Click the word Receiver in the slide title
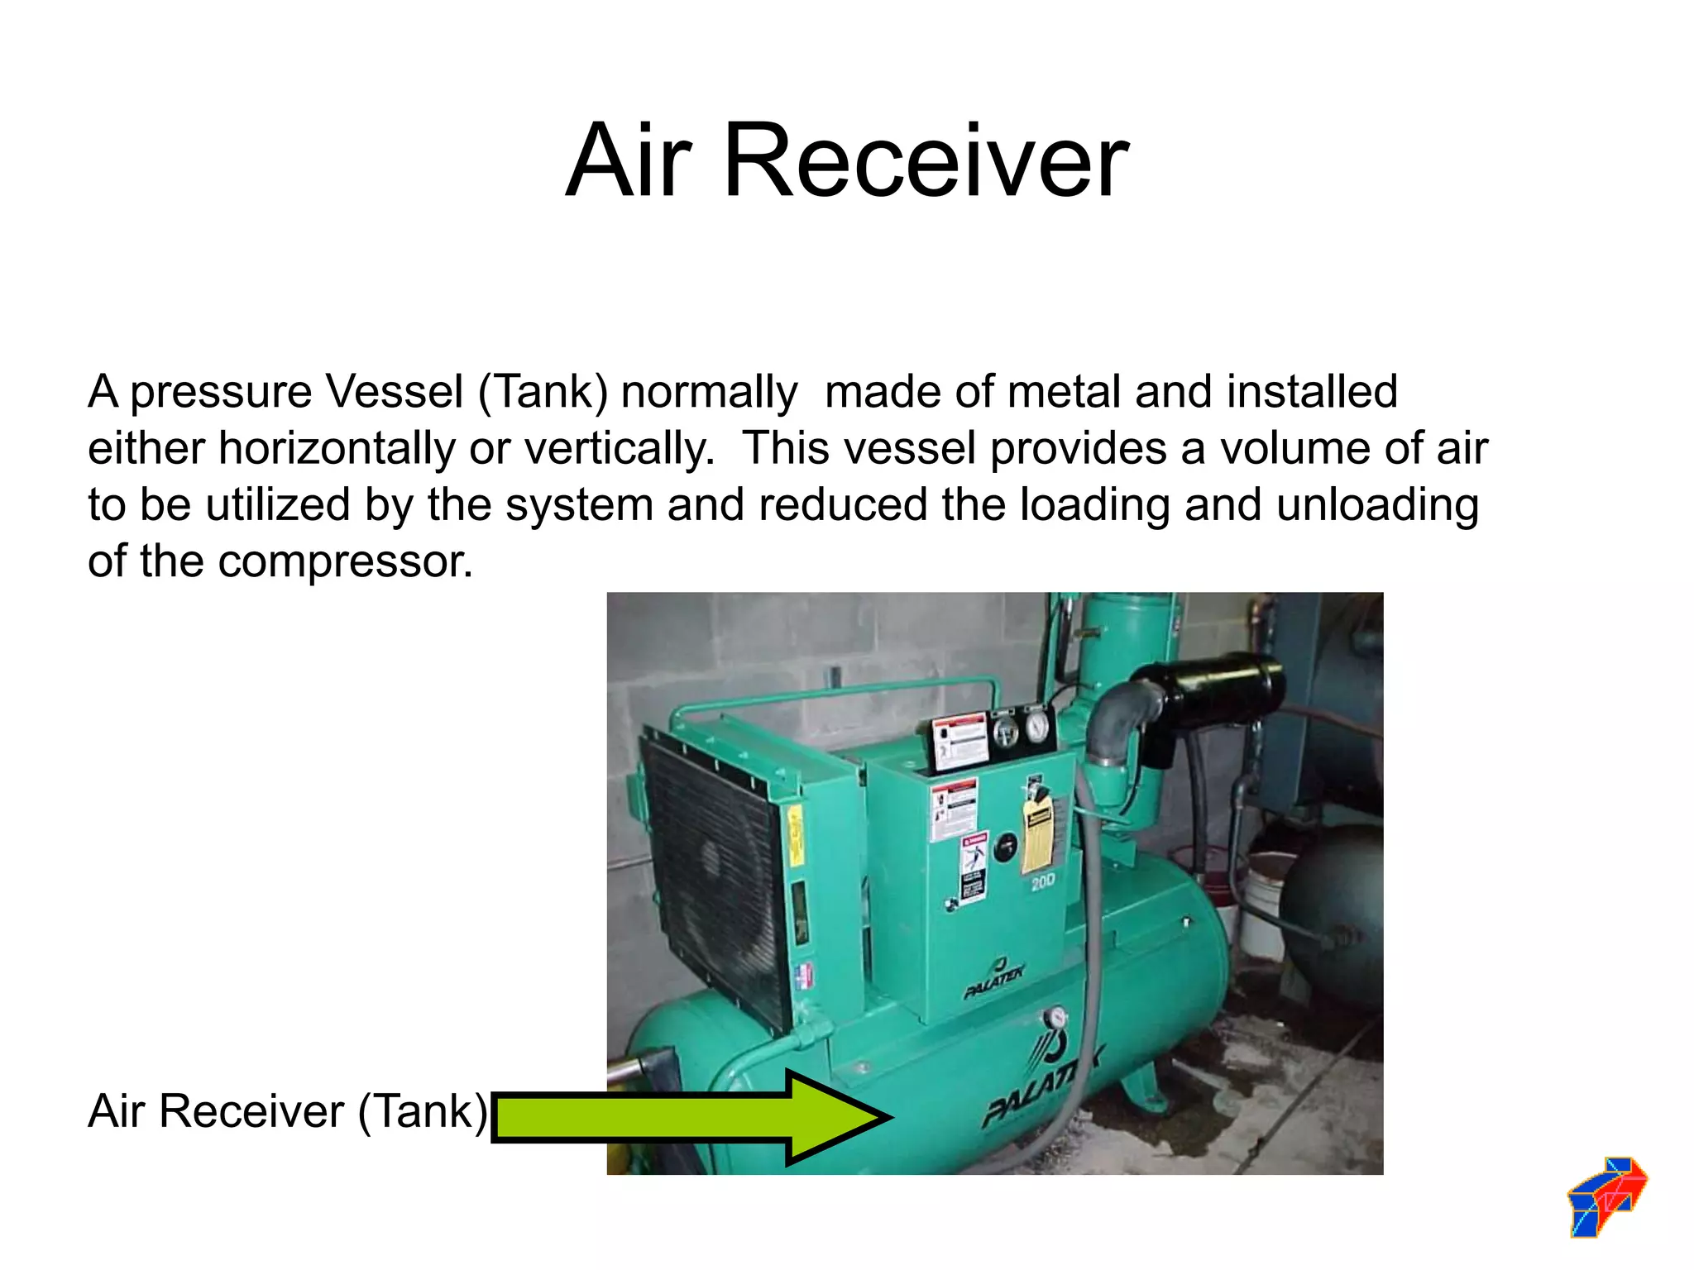[x=926, y=161]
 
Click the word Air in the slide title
[x=629, y=161]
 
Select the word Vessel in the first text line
[x=393, y=392]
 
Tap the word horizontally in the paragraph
[x=336, y=449]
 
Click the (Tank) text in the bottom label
[x=423, y=1111]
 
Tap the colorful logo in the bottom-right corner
[x=1606, y=1196]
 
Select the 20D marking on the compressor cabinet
[x=1043, y=882]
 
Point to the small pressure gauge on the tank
[x=1055, y=1018]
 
